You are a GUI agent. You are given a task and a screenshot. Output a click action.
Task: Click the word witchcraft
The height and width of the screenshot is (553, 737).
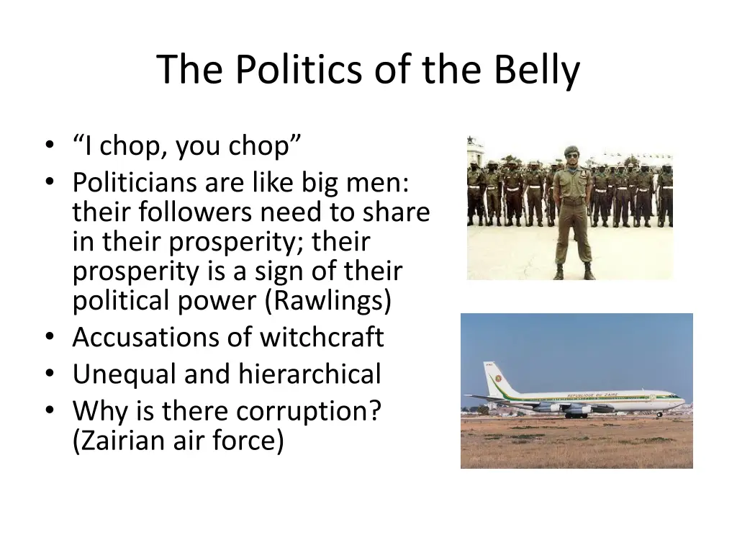(x=322, y=337)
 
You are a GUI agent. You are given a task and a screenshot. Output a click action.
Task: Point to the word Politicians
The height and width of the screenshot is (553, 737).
(x=135, y=183)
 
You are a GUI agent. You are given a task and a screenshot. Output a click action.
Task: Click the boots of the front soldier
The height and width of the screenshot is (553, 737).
(x=574, y=273)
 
